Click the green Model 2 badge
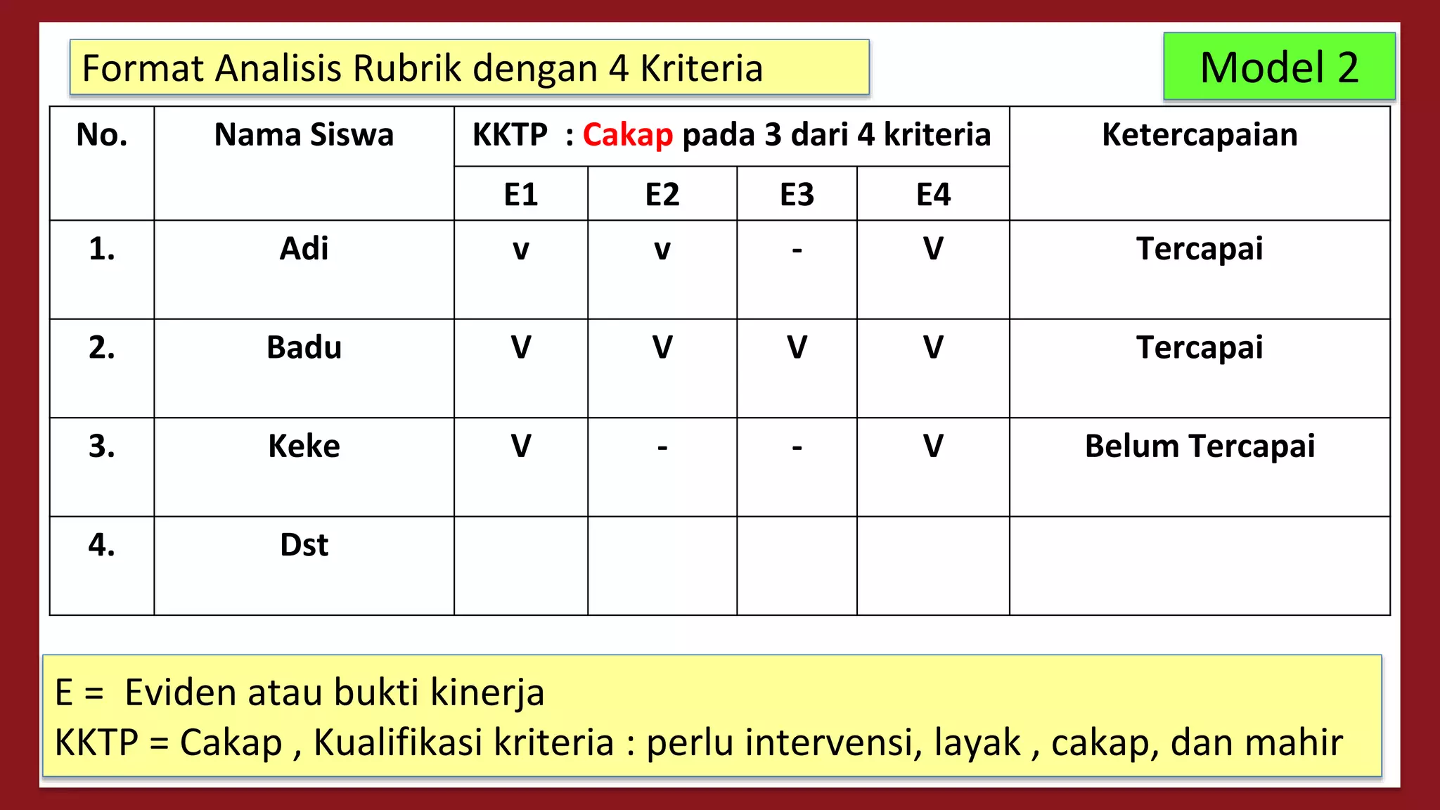(x=1279, y=67)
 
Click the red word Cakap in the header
(x=627, y=135)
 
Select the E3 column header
(x=797, y=195)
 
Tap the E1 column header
(x=521, y=195)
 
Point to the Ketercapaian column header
(x=1200, y=135)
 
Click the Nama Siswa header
(x=304, y=135)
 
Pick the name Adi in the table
(x=304, y=249)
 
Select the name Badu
(x=304, y=347)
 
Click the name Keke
(x=304, y=446)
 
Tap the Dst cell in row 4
(x=304, y=545)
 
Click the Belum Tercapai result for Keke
(x=1200, y=446)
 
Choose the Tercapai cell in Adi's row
(x=1200, y=249)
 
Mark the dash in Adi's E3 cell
(x=797, y=250)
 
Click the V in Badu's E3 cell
(x=797, y=347)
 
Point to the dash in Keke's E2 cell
(x=662, y=448)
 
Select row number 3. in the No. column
(x=102, y=446)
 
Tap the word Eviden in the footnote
(x=184, y=693)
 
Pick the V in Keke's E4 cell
(x=933, y=446)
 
